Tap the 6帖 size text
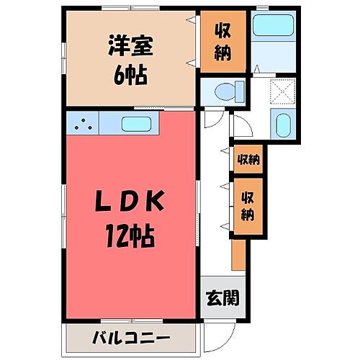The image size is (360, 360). (x=130, y=74)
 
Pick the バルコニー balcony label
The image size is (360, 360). (x=131, y=337)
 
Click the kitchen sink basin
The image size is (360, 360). (x=137, y=124)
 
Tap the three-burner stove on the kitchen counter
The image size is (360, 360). (x=84, y=123)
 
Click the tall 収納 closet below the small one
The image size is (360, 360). (x=247, y=204)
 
